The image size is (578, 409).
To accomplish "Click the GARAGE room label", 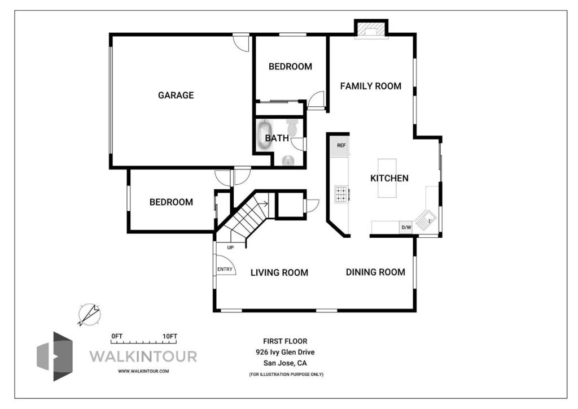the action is pos(176,95).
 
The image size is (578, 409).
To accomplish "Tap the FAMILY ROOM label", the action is pos(370,86).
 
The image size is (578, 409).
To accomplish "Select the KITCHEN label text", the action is pos(389,178).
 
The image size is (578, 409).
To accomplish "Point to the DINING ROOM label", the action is pos(375,272).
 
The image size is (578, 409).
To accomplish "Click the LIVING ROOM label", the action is pos(279,272).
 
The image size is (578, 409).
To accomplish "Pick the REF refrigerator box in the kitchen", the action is pos(341,145).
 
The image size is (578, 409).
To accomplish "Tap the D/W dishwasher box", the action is pos(406,227).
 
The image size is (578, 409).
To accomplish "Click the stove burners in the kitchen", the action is pos(341,194).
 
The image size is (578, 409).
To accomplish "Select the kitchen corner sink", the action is pos(426,220).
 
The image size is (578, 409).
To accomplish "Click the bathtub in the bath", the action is pos(265,135).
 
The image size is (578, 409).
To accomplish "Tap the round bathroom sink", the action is pos(288,160).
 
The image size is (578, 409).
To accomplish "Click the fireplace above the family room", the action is pos(371,29).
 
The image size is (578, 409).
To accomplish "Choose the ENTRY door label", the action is pos(225,269).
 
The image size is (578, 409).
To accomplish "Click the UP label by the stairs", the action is pos(230,247).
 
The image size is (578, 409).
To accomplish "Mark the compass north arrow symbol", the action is pos(89,315).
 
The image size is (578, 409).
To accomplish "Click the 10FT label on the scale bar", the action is pos(170,336).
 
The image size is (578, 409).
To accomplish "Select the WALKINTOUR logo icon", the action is pos(55,356).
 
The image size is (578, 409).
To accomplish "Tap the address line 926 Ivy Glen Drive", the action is pos(285,352).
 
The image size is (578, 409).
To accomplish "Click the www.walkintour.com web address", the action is pos(143,371).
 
